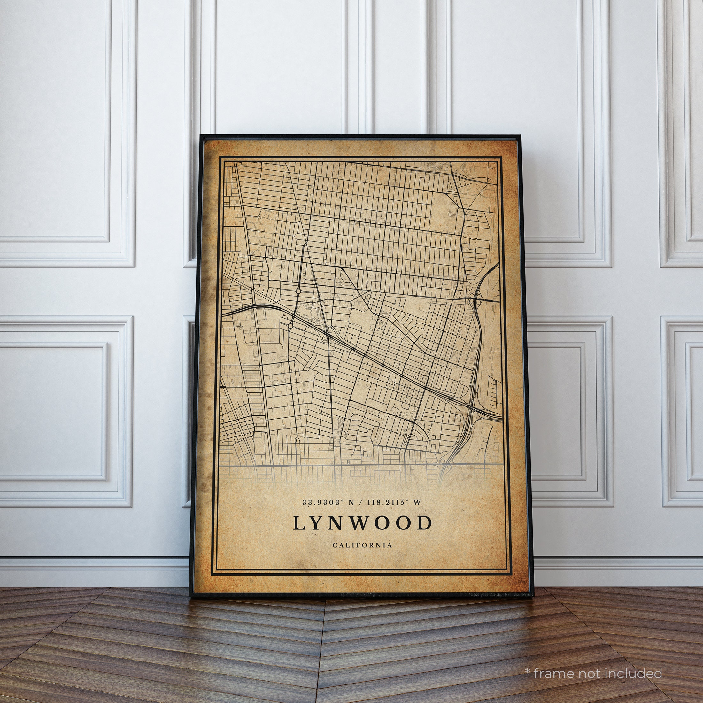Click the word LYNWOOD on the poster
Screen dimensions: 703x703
tap(362, 523)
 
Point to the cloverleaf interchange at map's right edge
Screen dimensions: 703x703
tap(475, 299)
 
